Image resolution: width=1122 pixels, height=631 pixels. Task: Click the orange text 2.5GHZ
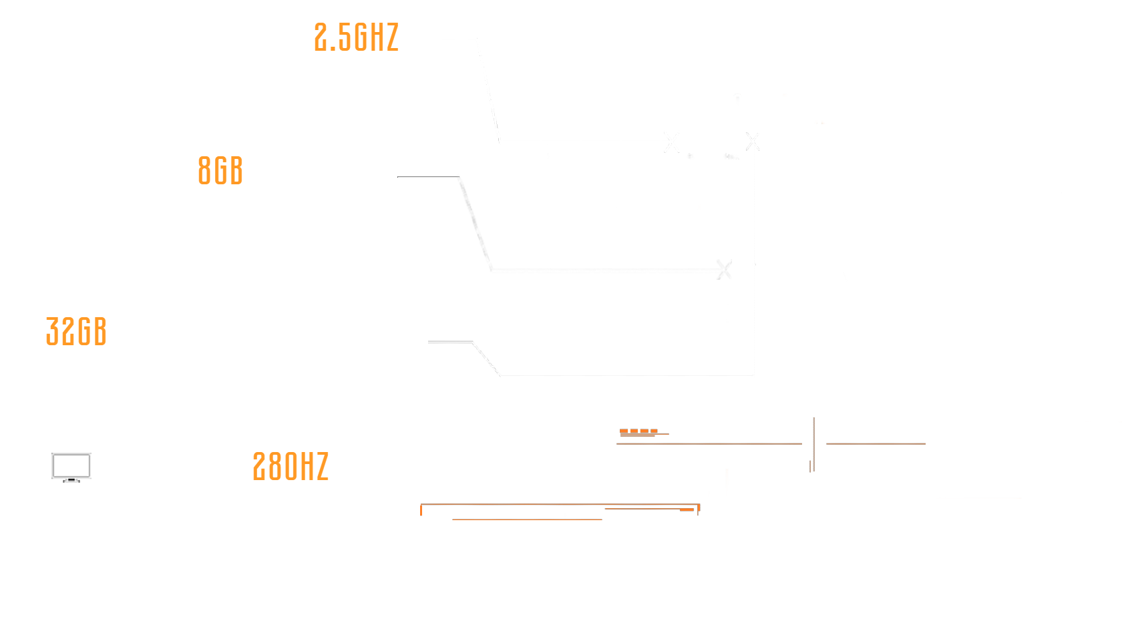pos(356,37)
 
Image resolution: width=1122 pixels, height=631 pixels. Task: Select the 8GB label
pos(220,170)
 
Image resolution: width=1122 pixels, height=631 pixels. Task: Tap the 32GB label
pos(76,331)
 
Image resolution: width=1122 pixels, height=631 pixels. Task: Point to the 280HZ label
pos(291,466)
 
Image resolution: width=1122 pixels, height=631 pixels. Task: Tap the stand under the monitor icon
pos(71,480)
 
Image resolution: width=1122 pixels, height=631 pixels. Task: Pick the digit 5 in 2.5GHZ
pos(345,37)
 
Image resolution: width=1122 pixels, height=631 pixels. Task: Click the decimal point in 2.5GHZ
pos(333,49)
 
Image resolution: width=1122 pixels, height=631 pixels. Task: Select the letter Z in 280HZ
pos(322,466)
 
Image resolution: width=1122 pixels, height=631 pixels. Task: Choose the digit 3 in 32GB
pos(52,331)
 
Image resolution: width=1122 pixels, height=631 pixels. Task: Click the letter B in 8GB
pos(236,170)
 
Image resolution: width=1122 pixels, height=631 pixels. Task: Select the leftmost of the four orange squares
pos(624,431)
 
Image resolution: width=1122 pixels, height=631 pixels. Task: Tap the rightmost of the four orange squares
pos(654,431)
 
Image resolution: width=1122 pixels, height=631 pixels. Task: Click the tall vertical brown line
pos(813,444)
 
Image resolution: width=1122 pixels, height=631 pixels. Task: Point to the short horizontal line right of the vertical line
pos(876,443)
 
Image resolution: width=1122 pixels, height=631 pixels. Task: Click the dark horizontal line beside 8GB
pos(428,177)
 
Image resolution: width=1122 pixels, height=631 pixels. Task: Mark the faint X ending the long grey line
pos(724,270)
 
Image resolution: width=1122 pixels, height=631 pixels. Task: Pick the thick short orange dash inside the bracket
pos(687,510)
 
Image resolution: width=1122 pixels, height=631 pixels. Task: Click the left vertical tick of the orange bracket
pos(421,510)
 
